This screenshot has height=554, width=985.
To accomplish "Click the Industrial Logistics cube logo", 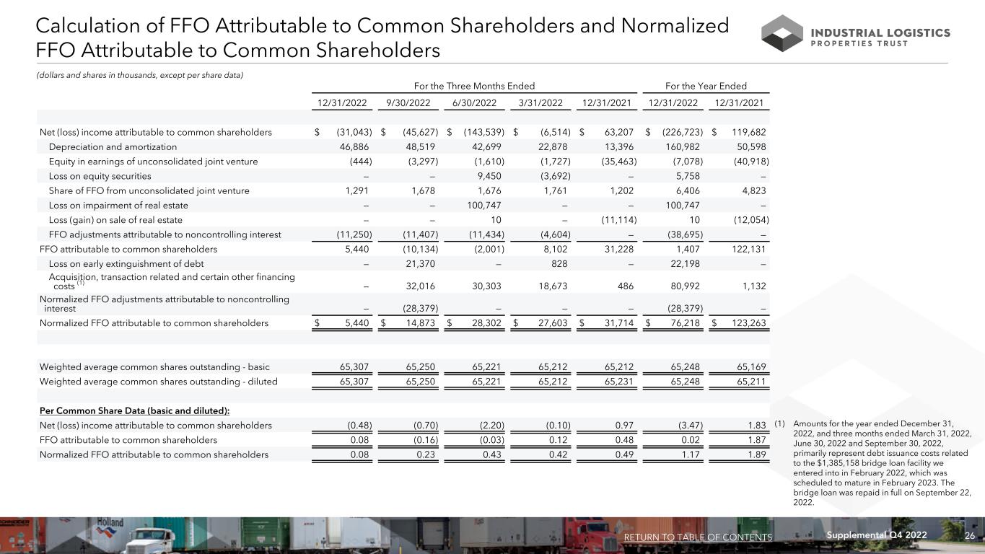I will [x=782, y=33].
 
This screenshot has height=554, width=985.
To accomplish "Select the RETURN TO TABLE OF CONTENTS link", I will [x=697, y=537].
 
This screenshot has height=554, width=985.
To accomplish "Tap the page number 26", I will [x=971, y=536].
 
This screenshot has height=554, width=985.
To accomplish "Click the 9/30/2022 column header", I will [x=408, y=103].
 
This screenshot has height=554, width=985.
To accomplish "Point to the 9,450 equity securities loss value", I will [x=487, y=176].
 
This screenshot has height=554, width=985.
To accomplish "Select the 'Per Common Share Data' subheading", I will [x=134, y=411].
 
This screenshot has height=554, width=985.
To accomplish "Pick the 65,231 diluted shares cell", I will [x=616, y=382].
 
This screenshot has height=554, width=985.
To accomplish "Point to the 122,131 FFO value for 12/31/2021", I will [x=747, y=250].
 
